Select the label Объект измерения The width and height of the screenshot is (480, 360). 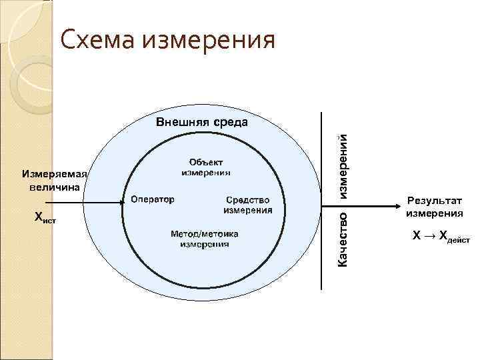coord(206,167)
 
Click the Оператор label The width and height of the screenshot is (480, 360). coord(152,199)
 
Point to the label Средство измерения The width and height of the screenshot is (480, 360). coord(247,205)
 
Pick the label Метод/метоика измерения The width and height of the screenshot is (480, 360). coord(205,239)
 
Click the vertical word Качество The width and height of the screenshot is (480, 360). coord(341,239)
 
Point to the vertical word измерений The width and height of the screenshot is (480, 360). coord(341,163)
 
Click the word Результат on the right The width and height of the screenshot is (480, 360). coord(435,201)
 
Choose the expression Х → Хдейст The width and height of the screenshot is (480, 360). coord(441,237)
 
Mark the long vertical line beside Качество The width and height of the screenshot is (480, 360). coord(322,200)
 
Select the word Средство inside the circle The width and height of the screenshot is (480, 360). coord(247,199)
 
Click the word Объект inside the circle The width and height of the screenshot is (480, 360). coord(206,161)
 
